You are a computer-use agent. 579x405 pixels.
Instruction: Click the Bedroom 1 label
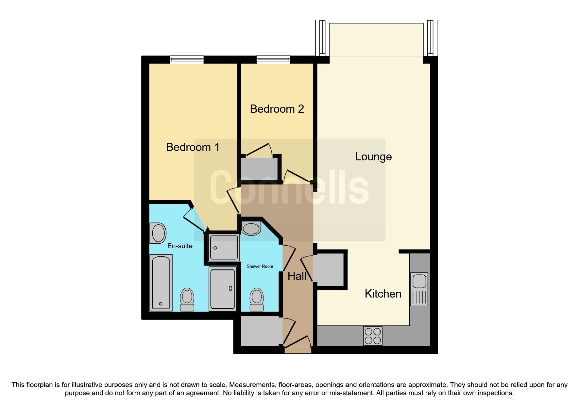(x=193, y=147)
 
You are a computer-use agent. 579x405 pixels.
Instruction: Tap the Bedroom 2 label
(x=277, y=109)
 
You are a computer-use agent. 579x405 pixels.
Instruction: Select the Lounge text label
(x=373, y=157)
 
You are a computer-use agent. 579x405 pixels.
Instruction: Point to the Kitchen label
(x=383, y=294)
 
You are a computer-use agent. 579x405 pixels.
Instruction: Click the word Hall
(x=297, y=276)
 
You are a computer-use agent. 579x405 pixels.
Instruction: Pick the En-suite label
(x=180, y=246)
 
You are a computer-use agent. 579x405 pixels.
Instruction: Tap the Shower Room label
(x=260, y=266)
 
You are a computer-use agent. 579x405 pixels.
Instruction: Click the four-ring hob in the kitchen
(x=373, y=336)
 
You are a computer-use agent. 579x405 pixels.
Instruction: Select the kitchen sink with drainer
(x=419, y=289)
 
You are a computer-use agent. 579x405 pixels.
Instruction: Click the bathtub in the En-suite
(x=161, y=282)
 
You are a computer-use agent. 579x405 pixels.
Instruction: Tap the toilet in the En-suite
(x=187, y=299)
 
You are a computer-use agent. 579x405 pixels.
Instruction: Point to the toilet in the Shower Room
(x=257, y=299)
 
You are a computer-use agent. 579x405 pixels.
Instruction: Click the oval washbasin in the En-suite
(x=158, y=233)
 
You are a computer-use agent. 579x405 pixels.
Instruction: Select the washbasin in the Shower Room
(x=251, y=228)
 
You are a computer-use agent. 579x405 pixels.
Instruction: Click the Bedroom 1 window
(x=187, y=59)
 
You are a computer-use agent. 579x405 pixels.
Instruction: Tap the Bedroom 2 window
(x=273, y=59)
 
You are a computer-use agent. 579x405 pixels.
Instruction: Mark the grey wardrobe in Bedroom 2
(x=259, y=169)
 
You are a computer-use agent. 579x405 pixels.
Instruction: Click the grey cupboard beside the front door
(x=261, y=331)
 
